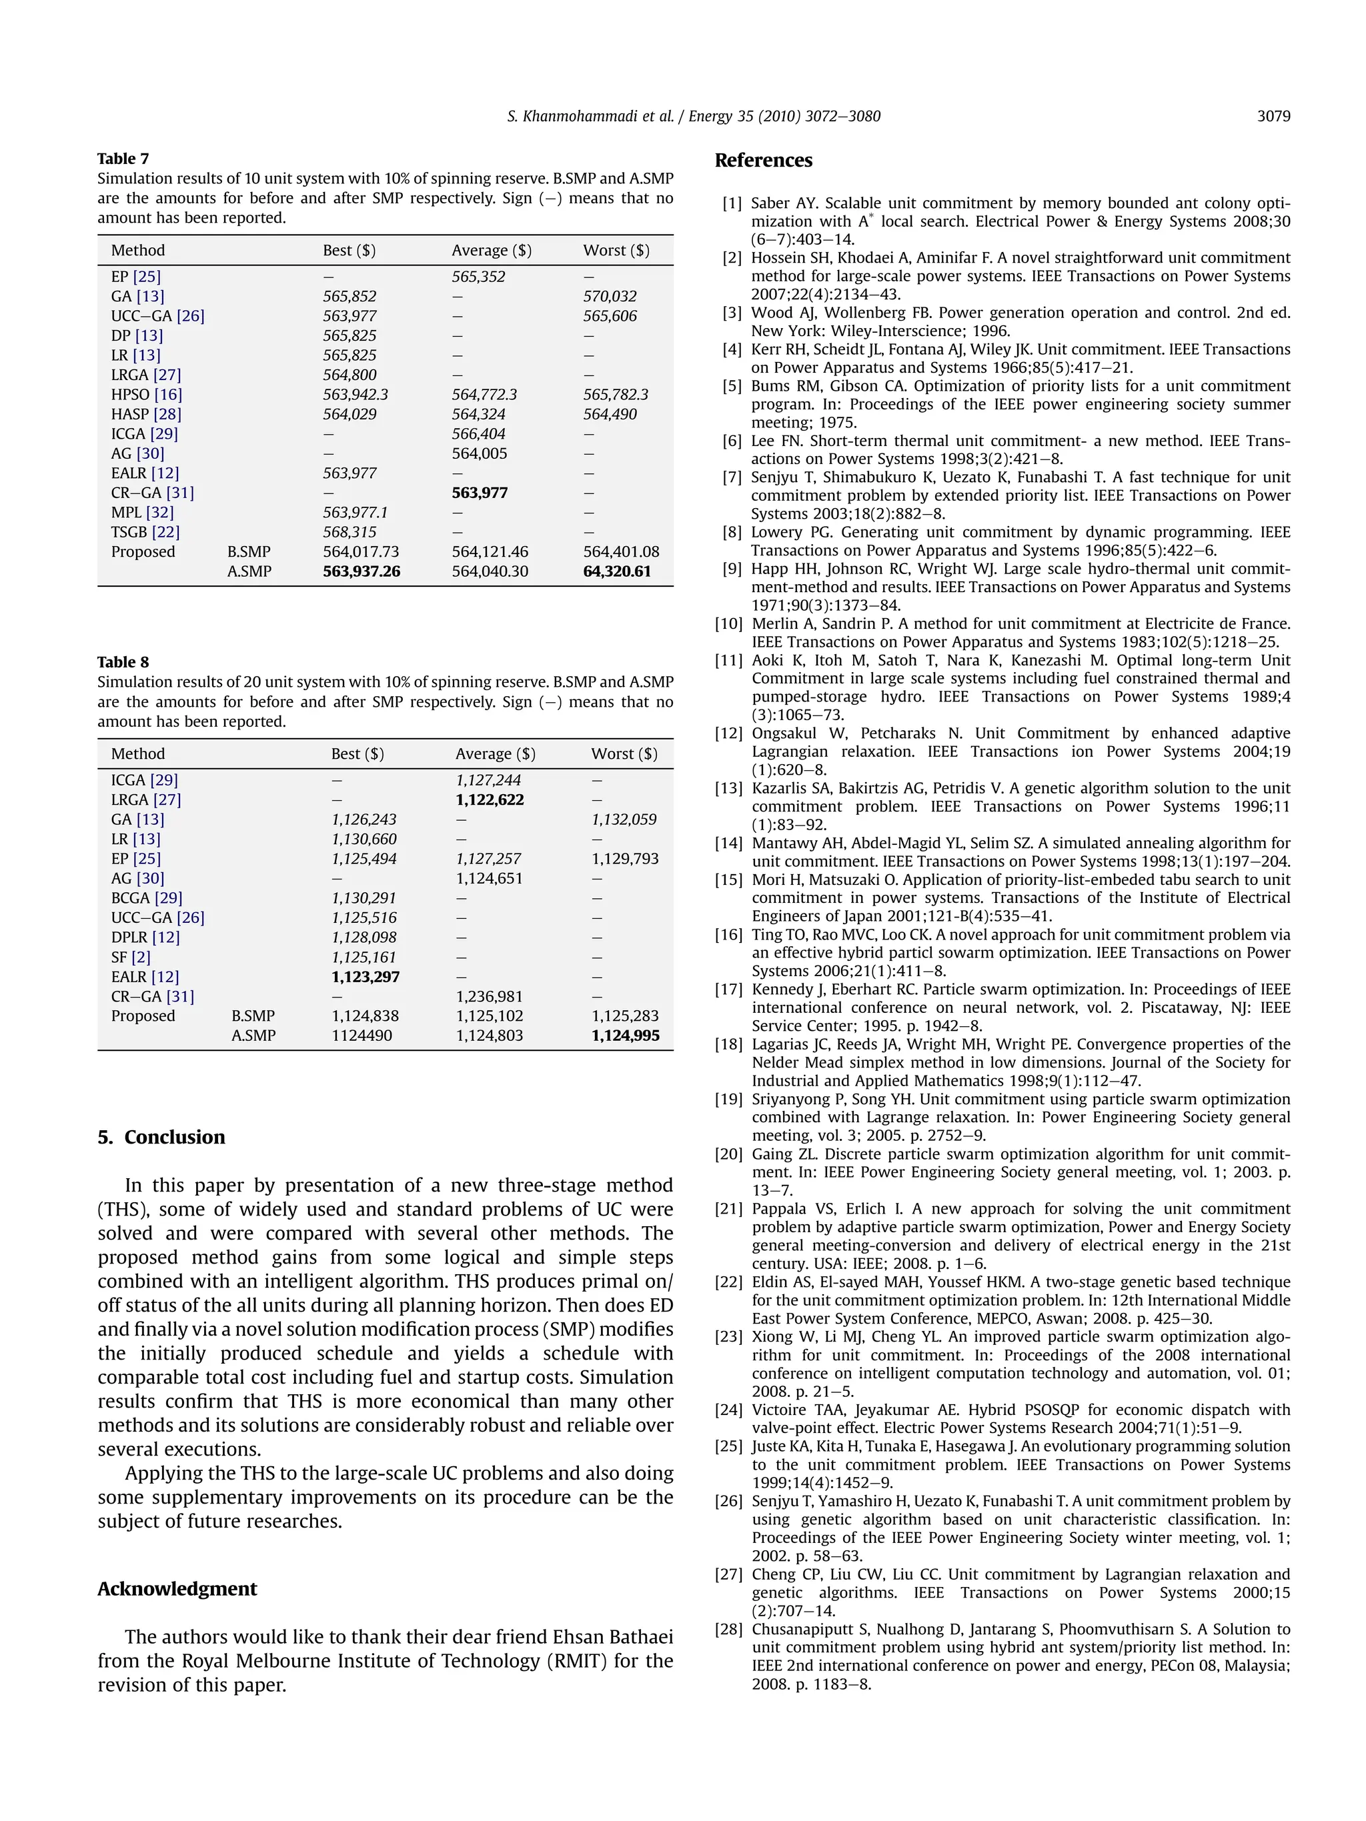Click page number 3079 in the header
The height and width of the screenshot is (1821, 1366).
(1273, 116)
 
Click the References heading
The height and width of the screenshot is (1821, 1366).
(762, 161)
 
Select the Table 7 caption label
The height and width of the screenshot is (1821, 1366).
(123, 159)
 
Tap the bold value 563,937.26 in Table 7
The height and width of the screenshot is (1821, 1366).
(361, 571)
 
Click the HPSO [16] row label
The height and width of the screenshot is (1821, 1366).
(147, 394)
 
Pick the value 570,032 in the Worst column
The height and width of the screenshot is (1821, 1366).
(610, 296)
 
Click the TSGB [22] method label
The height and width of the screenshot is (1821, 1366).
(145, 532)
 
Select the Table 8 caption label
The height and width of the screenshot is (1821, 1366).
(123, 663)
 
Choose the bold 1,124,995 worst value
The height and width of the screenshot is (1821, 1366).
(625, 1036)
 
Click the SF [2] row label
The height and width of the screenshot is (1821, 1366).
(131, 957)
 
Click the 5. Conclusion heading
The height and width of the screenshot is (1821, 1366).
(161, 1137)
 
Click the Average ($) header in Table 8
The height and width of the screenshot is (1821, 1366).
(495, 754)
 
